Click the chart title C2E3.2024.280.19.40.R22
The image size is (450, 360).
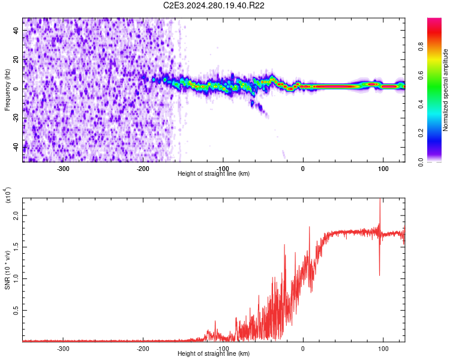coord(214,5)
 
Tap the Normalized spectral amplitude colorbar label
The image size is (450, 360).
coord(445,90)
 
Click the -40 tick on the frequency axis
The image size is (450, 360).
coord(16,146)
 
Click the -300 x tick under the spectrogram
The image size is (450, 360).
coord(63,169)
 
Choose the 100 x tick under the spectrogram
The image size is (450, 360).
coord(383,169)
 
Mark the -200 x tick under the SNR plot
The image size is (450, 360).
coord(143,349)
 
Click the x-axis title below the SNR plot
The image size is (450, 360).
coord(214,354)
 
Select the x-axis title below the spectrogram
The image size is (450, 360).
coord(214,174)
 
